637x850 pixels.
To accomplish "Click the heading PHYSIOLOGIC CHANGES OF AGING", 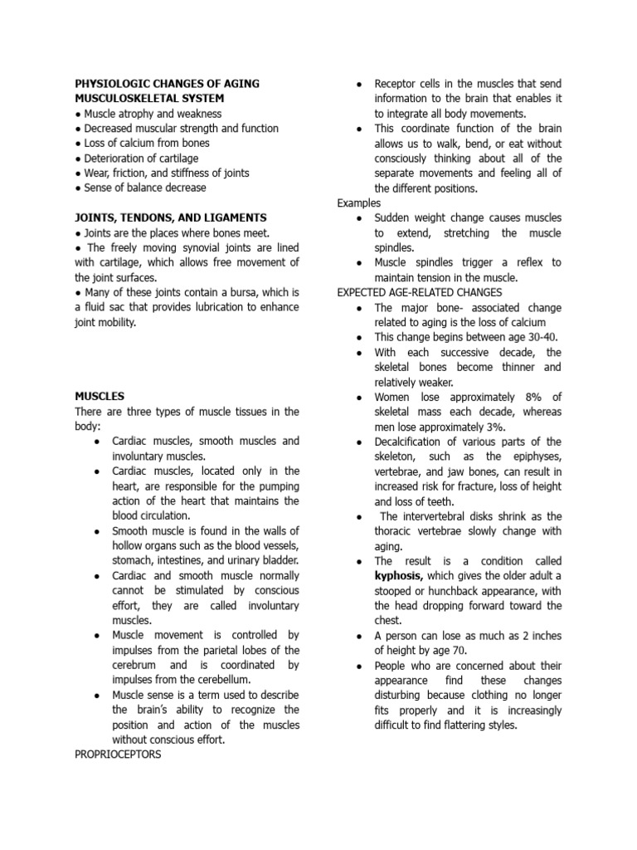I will pyautogui.click(x=167, y=84).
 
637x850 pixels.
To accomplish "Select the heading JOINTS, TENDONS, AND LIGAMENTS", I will pyautogui.click(x=170, y=217).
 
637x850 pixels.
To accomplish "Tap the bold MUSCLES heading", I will pyautogui.click(x=100, y=397).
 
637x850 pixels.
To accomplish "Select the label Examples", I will pyautogui.click(x=359, y=203).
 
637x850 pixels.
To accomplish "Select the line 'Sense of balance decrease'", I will pyautogui.click(x=140, y=188).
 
